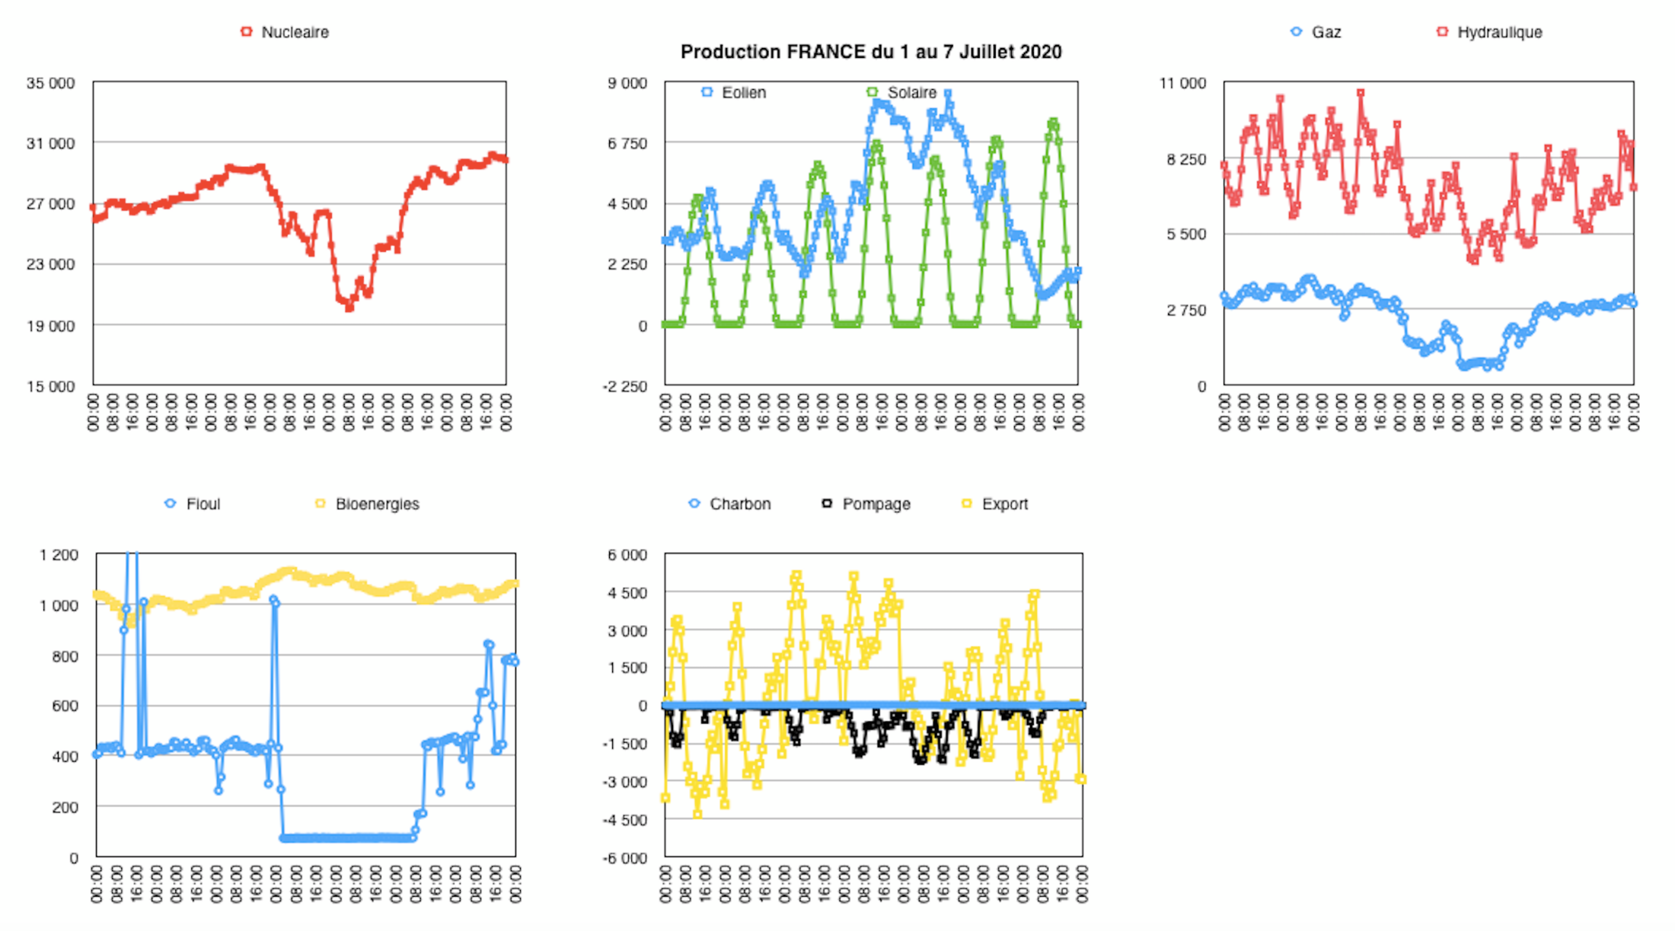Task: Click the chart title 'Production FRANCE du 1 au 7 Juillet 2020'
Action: click(870, 52)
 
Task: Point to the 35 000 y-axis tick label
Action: click(51, 83)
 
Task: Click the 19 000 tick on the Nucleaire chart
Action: click(51, 326)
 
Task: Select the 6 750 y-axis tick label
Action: click(627, 143)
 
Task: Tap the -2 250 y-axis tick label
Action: click(625, 387)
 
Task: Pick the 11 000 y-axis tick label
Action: click(1182, 83)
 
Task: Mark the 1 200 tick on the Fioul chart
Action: click(59, 555)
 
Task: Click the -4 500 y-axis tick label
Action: click(625, 820)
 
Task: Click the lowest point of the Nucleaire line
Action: click(349, 308)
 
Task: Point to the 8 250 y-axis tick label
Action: click(1186, 159)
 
